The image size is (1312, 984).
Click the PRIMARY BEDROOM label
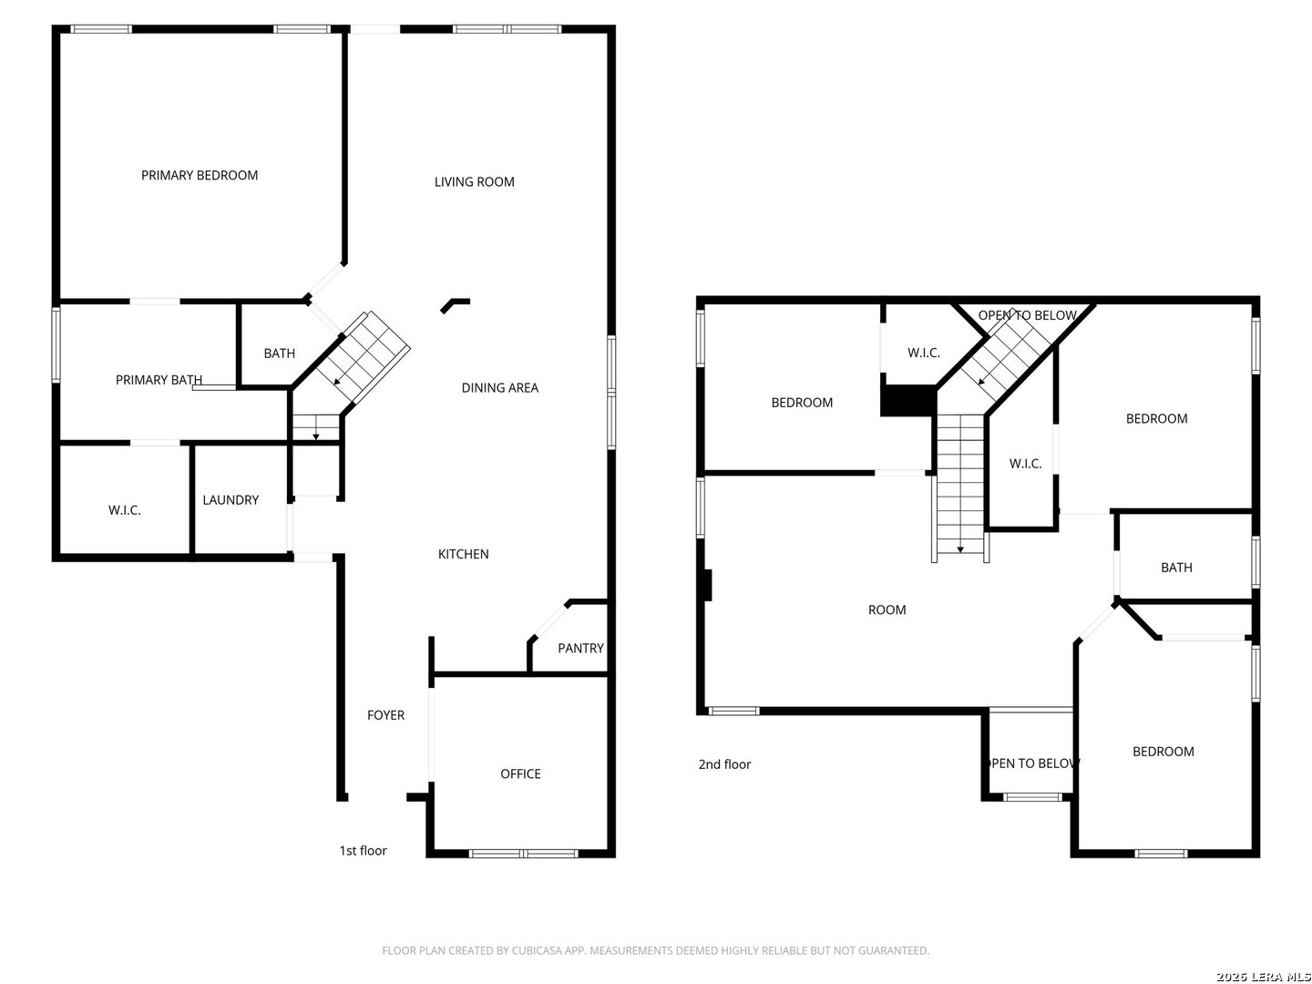click(x=199, y=175)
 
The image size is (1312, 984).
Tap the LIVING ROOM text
click(x=474, y=181)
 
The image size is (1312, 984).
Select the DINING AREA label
click(x=499, y=388)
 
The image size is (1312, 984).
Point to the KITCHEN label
click(x=463, y=554)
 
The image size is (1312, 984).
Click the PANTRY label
click(x=580, y=648)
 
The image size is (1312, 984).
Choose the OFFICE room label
click(x=520, y=774)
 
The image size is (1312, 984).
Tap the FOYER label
click(x=385, y=715)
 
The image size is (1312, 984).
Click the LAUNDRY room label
click(x=231, y=500)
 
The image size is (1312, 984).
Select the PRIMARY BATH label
click(x=159, y=380)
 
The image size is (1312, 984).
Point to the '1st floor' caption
click(x=363, y=851)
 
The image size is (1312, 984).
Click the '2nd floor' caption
click(x=724, y=764)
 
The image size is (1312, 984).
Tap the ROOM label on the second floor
click(x=887, y=610)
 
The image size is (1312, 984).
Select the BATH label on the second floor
click(x=1175, y=568)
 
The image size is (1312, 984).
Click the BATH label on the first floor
click(x=279, y=354)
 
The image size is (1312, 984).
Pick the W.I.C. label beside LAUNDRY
click(x=124, y=510)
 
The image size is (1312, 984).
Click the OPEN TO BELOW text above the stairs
click(x=1027, y=315)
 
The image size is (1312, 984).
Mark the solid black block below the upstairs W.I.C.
click(x=907, y=400)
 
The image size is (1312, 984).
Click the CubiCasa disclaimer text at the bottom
click(x=655, y=950)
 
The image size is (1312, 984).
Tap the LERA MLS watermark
click(x=1263, y=976)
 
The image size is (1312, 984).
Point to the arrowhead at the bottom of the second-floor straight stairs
click(x=960, y=549)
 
